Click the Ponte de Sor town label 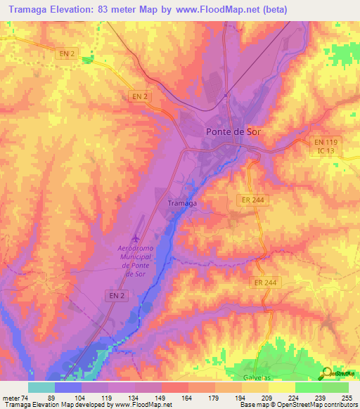pyautogui.click(x=233, y=131)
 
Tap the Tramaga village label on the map pyautogui.click(x=181, y=202)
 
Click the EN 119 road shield pyautogui.click(x=323, y=141)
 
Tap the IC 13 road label pyautogui.click(x=323, y=150)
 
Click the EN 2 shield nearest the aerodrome pyautogui.click(x=117, y=297)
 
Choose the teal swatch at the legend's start pyautogui.click(x=41, y=387)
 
